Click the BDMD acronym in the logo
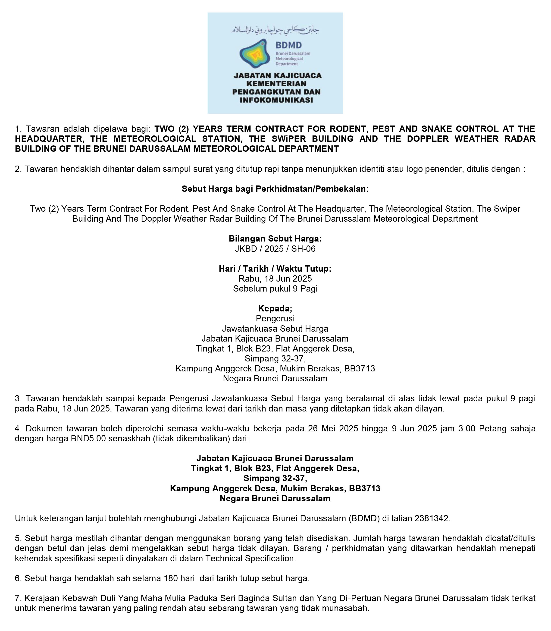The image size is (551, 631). coord(288,45)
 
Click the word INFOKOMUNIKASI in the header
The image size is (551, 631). coord(276,100)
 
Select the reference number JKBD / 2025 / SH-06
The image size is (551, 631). coord(275,249)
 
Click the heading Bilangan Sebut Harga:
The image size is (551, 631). coord(275,239)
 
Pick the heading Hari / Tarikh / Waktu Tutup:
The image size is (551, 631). coord(275,269)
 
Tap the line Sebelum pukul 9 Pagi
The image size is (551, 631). coord(275,289)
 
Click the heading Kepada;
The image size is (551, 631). coord(275,308)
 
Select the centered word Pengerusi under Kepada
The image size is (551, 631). coord(275,319)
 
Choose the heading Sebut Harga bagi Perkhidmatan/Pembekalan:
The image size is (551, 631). coord(275,189)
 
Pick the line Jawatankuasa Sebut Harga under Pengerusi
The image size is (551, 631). coord(275,329)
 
